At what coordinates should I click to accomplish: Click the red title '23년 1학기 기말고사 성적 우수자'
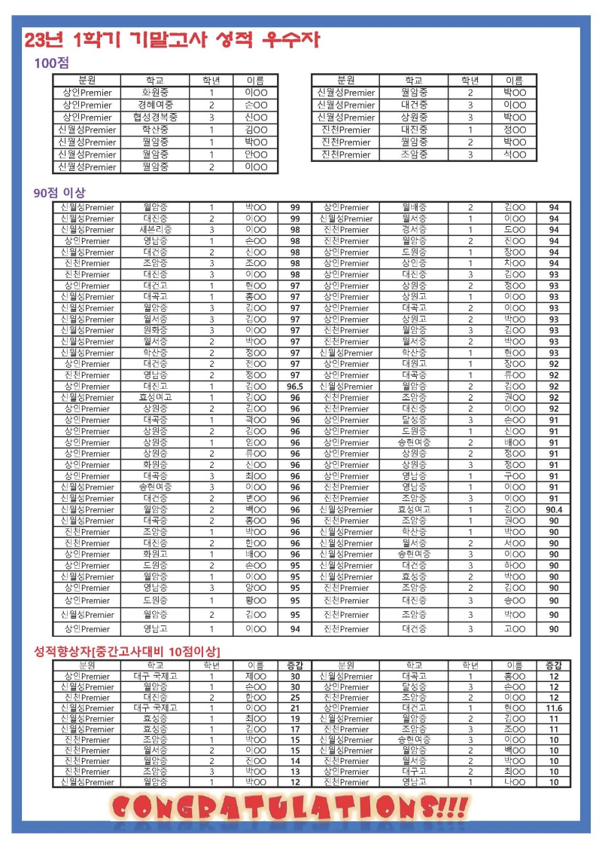172,40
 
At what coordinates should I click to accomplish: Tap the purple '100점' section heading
52,64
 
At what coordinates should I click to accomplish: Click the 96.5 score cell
295,387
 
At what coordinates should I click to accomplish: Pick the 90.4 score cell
553,509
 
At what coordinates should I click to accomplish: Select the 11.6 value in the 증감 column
553,708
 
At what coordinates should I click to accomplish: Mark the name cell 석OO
514,154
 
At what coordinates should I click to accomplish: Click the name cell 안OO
256,154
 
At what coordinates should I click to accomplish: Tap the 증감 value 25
295,698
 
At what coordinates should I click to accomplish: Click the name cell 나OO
514,782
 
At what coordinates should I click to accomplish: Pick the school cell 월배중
415,207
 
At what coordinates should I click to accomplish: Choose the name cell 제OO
256,677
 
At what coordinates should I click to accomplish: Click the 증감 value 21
295,708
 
